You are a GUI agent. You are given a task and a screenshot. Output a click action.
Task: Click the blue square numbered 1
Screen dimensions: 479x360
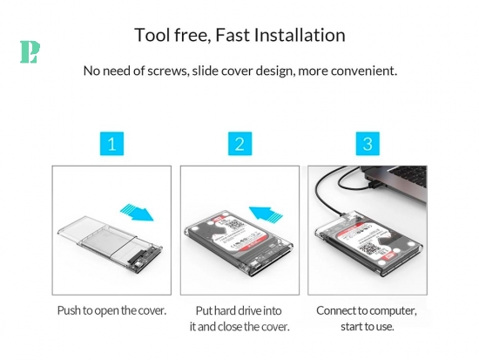coord(111,144)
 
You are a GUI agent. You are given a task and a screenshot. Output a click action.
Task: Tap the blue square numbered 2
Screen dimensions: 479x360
coord(239,144)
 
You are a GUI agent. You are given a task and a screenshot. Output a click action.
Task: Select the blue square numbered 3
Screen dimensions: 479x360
coord(368,144)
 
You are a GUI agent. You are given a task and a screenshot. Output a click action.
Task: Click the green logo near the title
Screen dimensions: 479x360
coord(30,52)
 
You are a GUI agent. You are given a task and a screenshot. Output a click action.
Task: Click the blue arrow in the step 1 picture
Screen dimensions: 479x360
coord(137,212)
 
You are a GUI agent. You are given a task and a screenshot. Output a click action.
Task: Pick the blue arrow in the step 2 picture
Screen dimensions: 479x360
coord(266,213)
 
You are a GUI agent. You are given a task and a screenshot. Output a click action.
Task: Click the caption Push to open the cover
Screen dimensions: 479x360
coord(111,311)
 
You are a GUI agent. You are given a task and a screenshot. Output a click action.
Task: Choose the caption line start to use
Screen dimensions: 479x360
coord(368,327)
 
